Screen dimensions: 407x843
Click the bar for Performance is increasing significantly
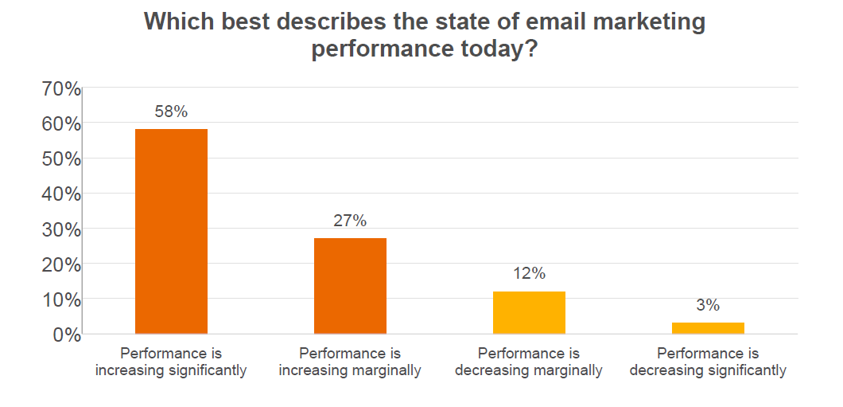point(171,231)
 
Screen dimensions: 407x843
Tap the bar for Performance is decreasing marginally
point(529,312)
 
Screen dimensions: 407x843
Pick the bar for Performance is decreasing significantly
point(708,328)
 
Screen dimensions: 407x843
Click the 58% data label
point(171,112)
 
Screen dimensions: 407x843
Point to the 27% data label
point(350,221)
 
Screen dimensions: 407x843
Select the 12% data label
point(529,274)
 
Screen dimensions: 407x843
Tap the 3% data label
point(708,306)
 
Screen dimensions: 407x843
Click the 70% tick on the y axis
point(60,89)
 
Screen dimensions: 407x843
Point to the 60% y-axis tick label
point(60,124)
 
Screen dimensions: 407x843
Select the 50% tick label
point(60,159)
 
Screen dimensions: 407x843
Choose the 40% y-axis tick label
point(60,194)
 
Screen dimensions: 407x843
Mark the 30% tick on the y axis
point(60,229)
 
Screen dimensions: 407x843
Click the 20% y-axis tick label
point(60,264)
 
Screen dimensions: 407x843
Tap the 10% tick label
point(60,300)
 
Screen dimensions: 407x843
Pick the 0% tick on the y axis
point(65,335)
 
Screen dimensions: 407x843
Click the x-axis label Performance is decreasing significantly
point(708,362)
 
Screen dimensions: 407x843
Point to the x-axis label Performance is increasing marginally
point(350,362)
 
